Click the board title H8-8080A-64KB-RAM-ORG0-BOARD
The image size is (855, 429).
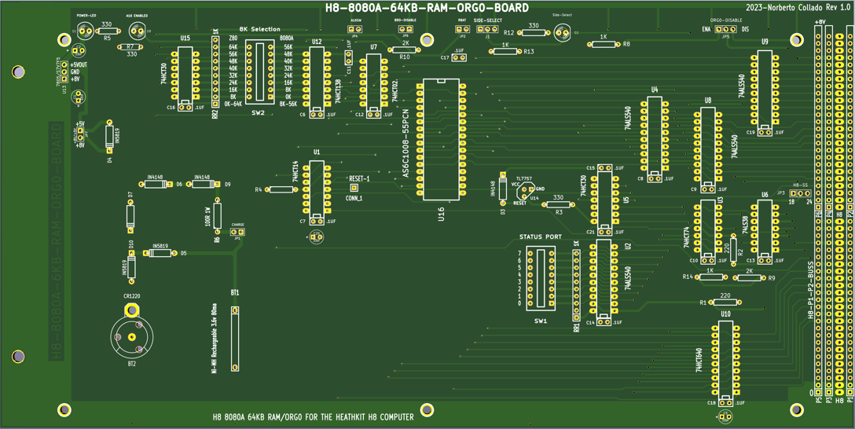tap(427, 8)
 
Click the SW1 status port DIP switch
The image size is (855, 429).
tap(541, 279)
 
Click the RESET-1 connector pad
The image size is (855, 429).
tap(354, 188)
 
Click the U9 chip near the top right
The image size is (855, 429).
tap(764, 90)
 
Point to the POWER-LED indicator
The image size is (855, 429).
tap(84, 32)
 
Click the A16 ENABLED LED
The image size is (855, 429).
tap(137, 32)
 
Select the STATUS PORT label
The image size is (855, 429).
tap(540, 236)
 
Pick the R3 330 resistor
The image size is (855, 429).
tap(559, 205)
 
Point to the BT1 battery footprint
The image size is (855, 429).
tap(234, 338)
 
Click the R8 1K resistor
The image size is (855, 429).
tap(604, 45)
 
